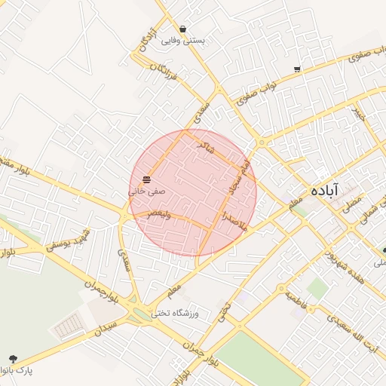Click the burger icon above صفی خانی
(146, 179)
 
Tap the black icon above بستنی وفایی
(184, 29)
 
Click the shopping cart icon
(297, 69)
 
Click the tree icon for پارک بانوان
(12, 359)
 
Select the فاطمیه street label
(296, 299)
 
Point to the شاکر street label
(205, 146)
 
